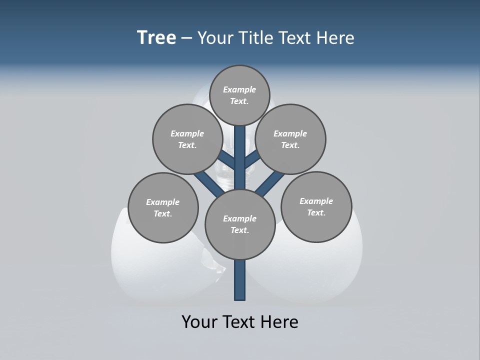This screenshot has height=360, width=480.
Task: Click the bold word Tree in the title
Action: click(x=156, y=38)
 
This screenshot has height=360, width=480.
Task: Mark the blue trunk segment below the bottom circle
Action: click(x=240, y=280)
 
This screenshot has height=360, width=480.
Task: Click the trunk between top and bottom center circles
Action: click(x=240, y=157)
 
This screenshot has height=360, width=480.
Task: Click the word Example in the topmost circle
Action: click(x=239, y=90)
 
